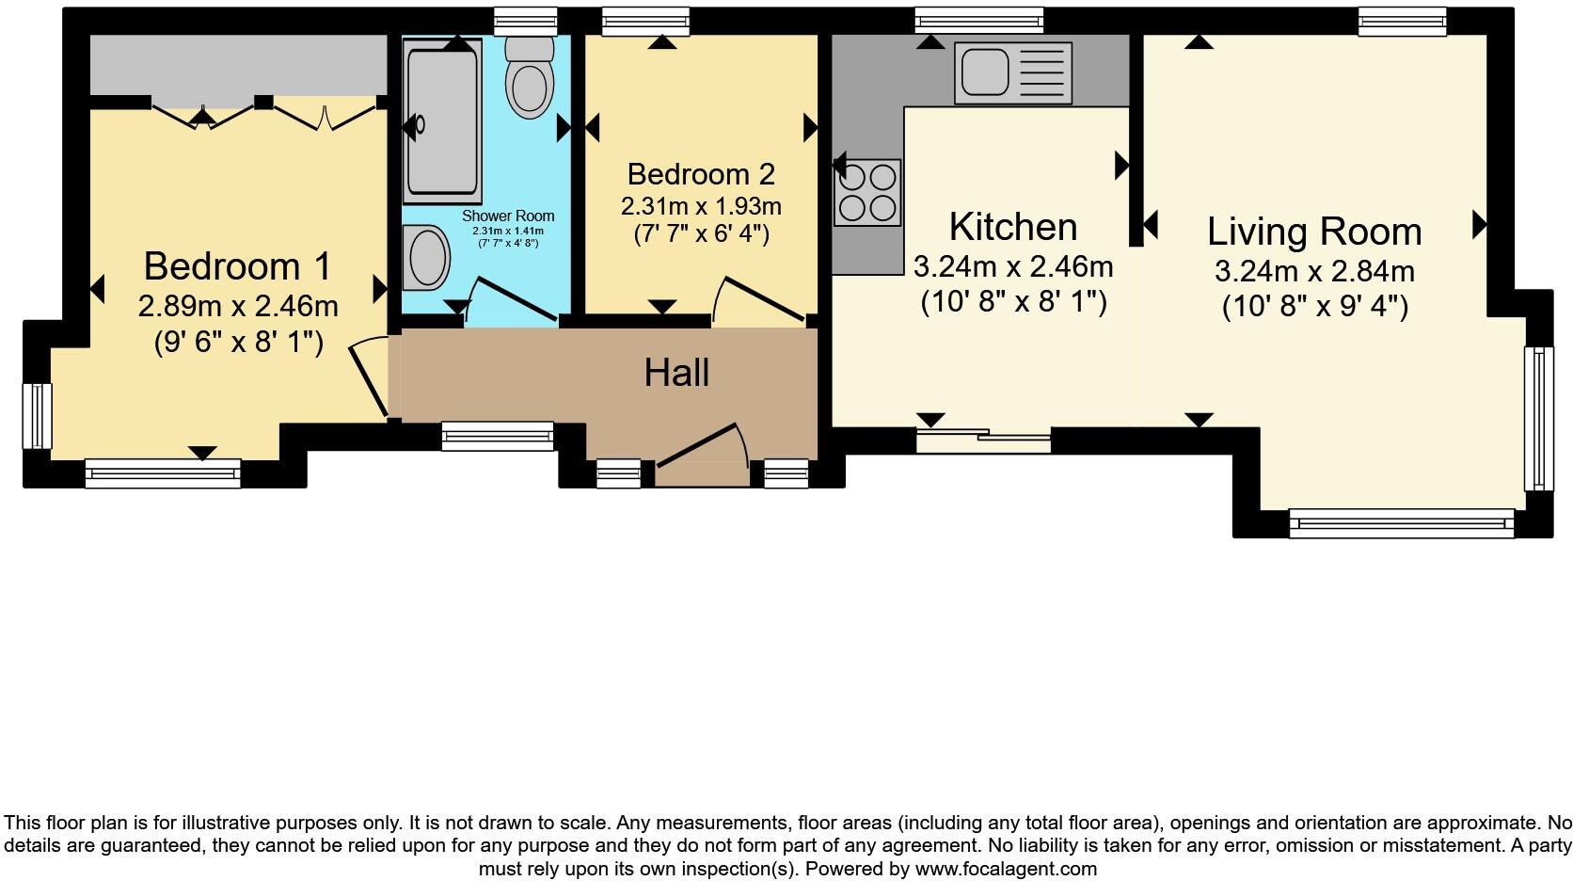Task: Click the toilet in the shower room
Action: point(530,78)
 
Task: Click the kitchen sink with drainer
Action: point(1012,72)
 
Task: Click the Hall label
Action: point(676,373)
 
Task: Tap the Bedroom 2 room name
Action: point(701,174)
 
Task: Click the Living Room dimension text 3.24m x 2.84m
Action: point(1314,272)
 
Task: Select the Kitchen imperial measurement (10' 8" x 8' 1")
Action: point(1012,302)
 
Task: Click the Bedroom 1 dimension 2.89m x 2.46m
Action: point(238,306)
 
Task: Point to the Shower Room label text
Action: point(508,216)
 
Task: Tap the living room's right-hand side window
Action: point(1538,418)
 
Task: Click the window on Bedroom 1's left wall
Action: point(38,415)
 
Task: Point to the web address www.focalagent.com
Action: point(1006,869)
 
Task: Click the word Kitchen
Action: point(1012,227)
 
